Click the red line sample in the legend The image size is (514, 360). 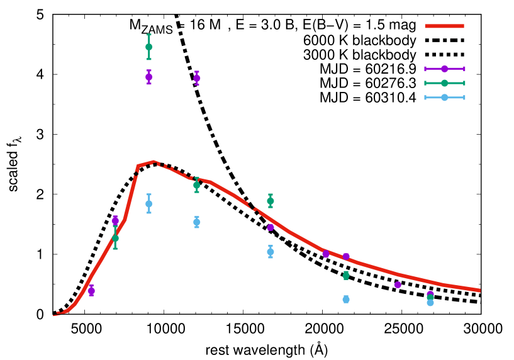click(444, 26)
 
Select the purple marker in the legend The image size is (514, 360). click(444, 69)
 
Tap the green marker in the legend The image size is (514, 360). click(444, 83)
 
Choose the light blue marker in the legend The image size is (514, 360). click(444, 98)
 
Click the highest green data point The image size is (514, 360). click(149, 47)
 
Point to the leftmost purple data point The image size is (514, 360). click(91, 291)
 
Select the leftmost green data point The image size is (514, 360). click(115, 238)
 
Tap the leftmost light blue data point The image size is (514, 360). click(149, 203)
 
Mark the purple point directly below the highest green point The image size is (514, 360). click(149, 77)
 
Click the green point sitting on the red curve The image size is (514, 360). click(197, 185)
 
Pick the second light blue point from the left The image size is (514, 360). click(197, 222)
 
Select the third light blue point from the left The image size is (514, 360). click(271, 252)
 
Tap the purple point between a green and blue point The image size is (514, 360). click(271, 227)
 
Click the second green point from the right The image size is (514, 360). click(346, 275)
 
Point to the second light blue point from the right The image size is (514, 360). click(346, 300)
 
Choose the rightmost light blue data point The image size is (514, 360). click(430, 302)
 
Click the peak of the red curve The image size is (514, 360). click(153, 162)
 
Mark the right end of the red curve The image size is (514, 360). click(479, 290)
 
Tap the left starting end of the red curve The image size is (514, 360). click(54, 315)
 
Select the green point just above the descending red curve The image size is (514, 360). click(271, 201)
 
